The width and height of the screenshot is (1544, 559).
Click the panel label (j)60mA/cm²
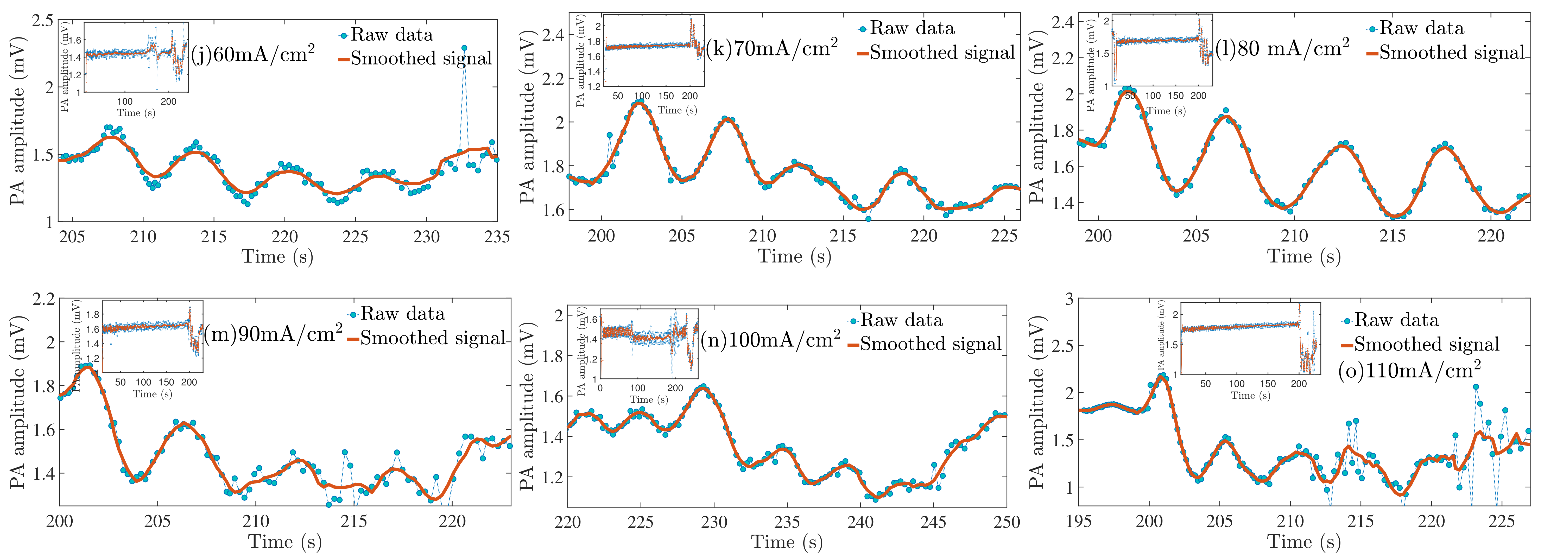253,55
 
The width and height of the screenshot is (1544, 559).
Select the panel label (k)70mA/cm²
772,48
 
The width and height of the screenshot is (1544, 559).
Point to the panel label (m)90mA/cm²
273,334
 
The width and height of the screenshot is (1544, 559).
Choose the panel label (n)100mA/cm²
771,340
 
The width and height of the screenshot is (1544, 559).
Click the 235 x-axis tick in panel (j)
497,237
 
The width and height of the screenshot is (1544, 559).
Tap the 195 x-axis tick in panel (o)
1079,521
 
